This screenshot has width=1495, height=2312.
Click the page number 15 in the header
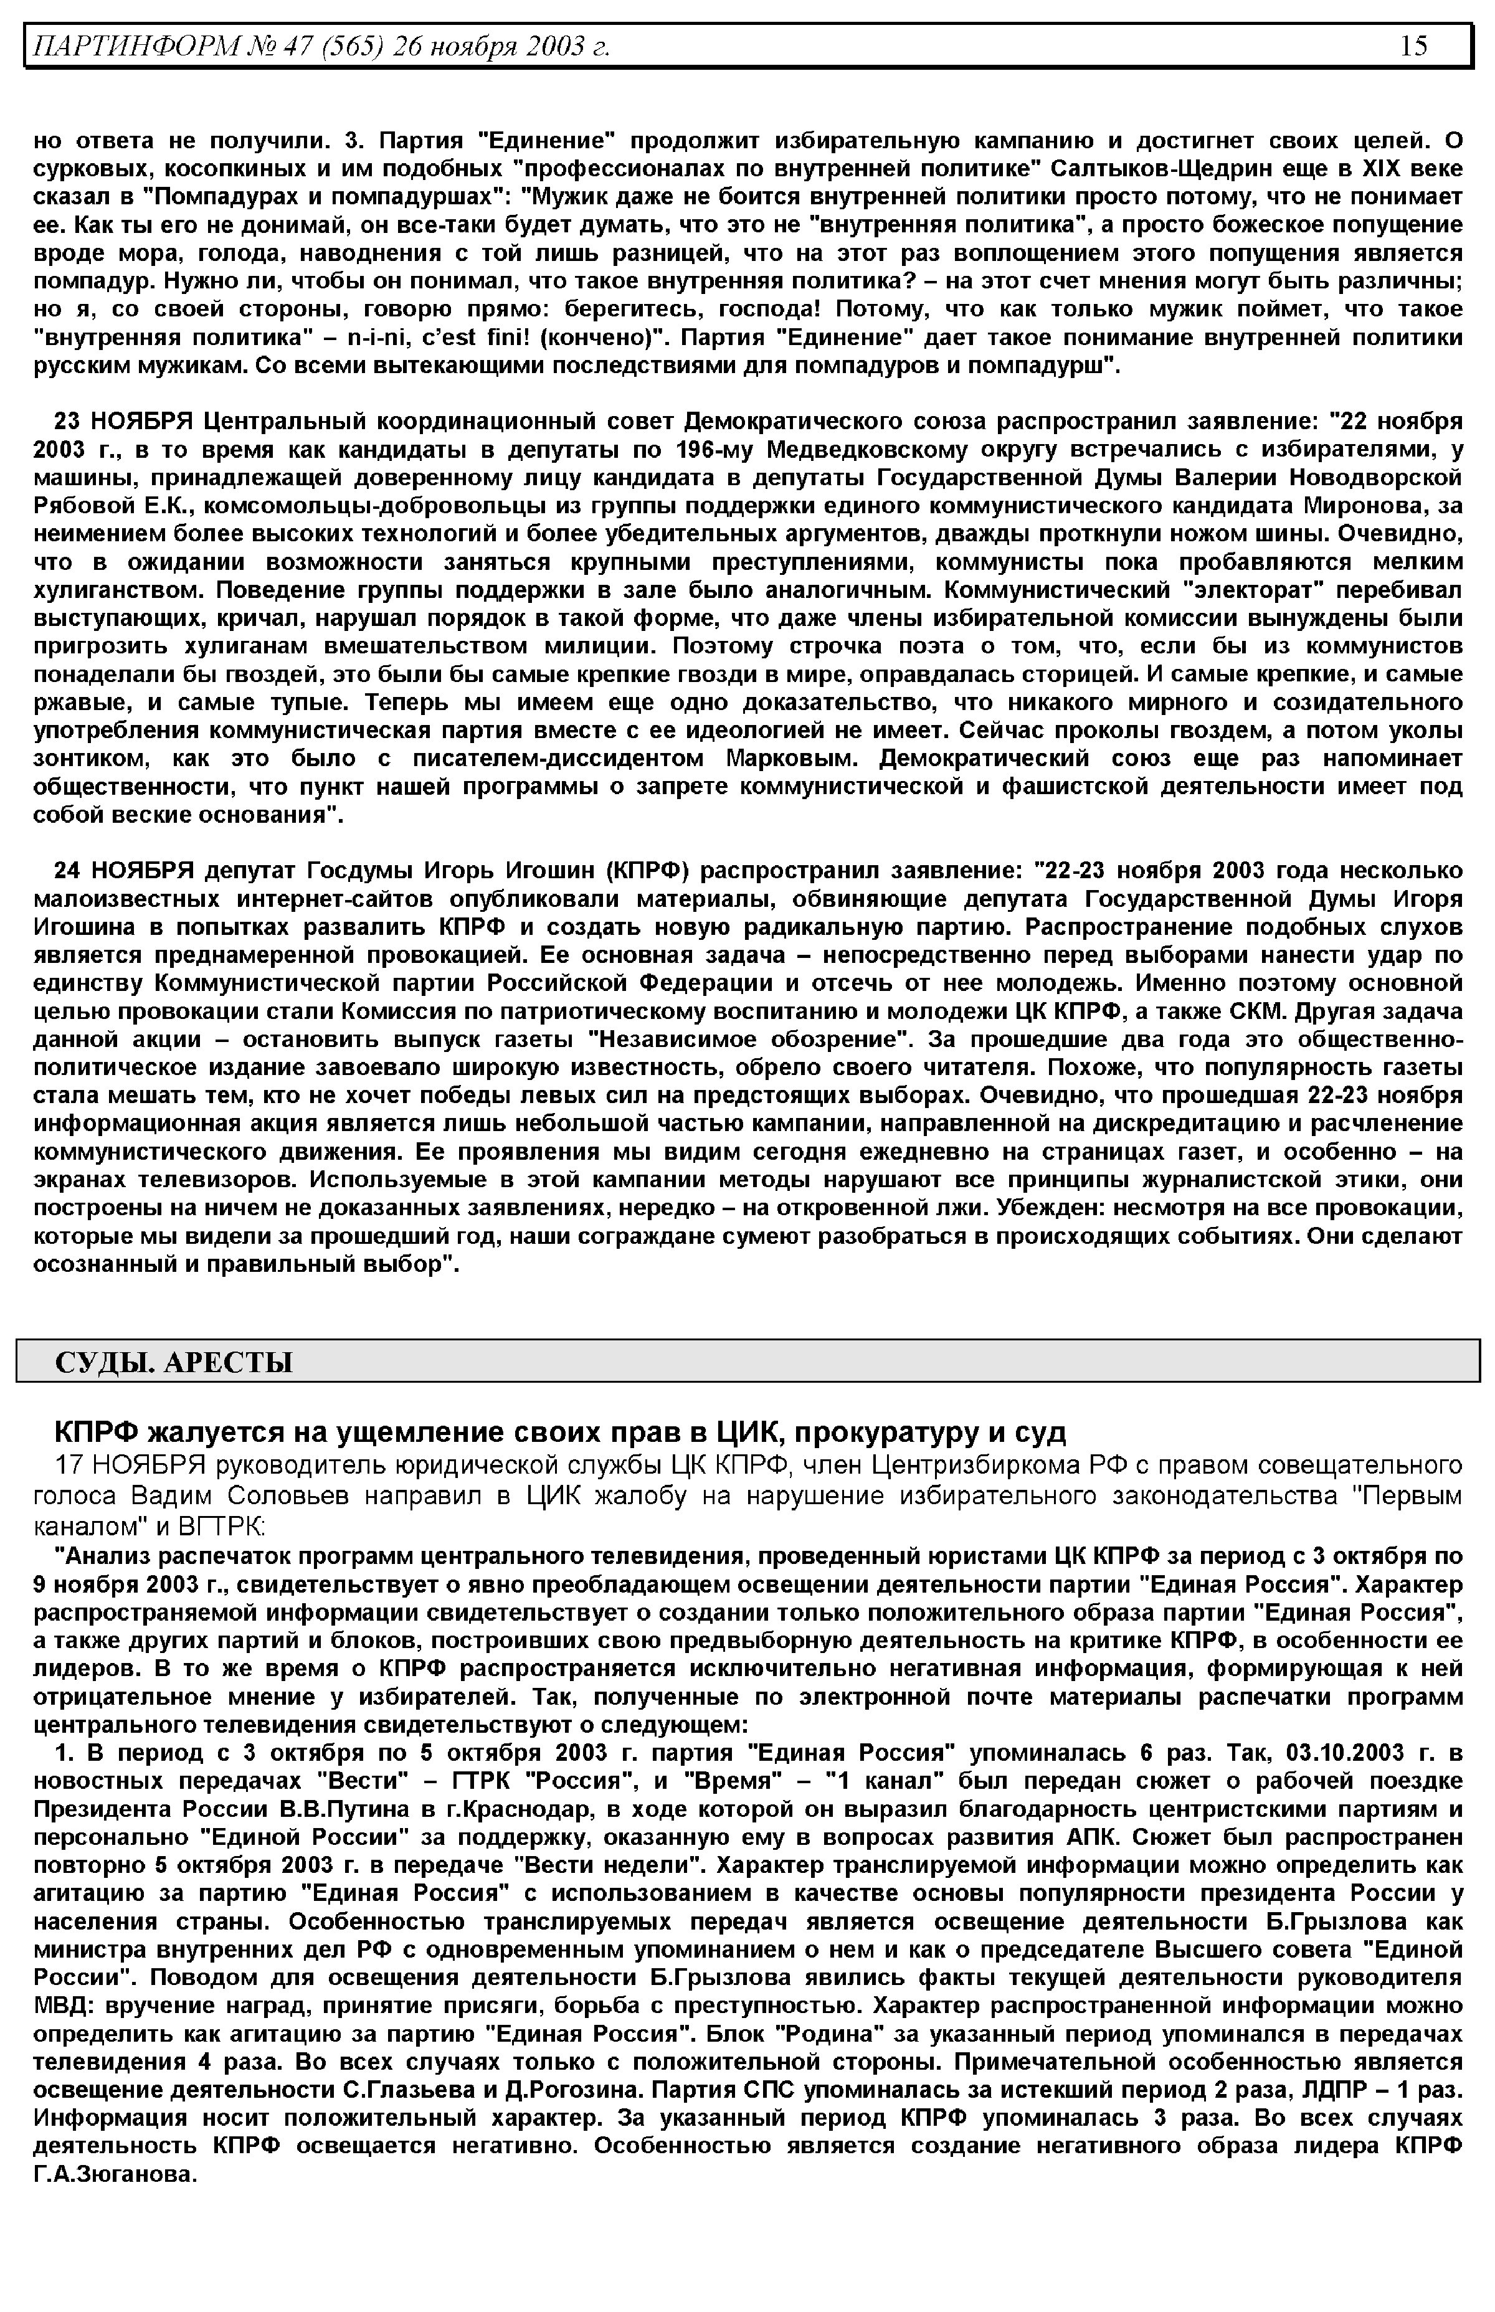[x=1413, y=45]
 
